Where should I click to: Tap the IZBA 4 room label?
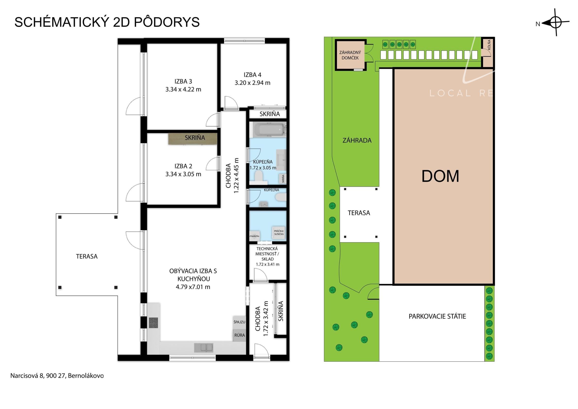click(x=252, y=75)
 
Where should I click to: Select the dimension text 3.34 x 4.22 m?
click(x=183, y=89)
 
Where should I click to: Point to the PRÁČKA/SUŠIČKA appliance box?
click(x=279, y=232)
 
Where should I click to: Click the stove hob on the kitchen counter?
click(x=153, y=323)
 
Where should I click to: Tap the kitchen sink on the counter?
click(x=203, y=348)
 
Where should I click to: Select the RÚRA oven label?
click(x=239, y=335)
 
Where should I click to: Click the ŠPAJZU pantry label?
click(x=239, y=322)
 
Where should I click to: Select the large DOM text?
click(x=440, y=176)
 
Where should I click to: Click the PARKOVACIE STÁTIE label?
click(x=437, y=316)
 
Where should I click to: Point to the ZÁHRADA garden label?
click(x=357, y=140)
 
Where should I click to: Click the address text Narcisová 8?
click(x=26, y=375)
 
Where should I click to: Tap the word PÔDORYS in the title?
click(x=167, y=22)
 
